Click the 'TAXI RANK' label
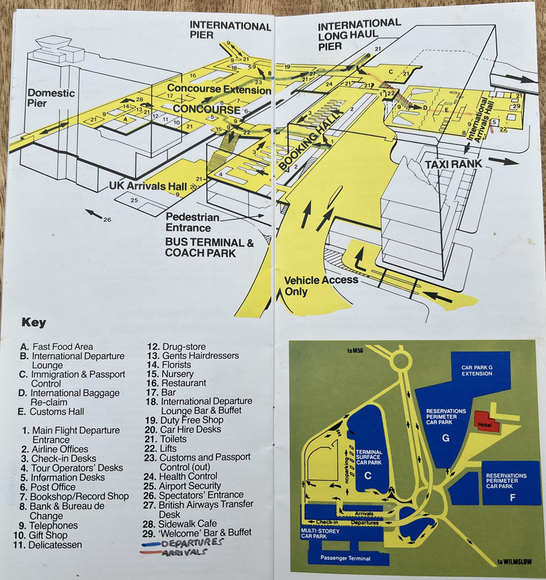(x=458, y=163)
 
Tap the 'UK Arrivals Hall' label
(x=147, y=186)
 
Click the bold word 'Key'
(x=34, y=323)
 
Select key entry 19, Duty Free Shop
(x=188, y=418)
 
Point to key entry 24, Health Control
(x=188, y=476)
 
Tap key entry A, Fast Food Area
(x=57, y=347)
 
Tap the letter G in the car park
(x=445, y=438)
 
